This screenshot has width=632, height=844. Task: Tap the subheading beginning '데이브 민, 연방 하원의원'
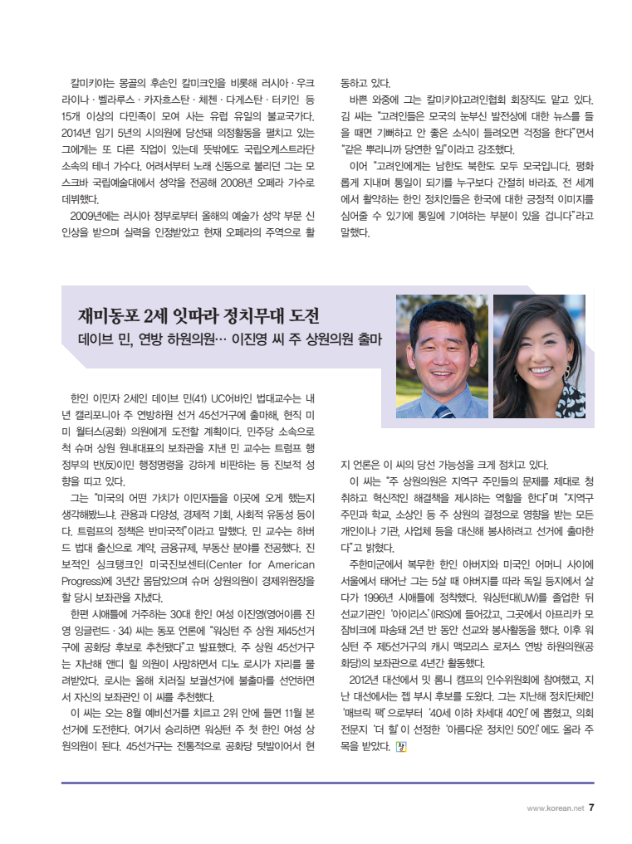(x=223, y=340)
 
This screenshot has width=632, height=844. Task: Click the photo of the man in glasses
(x=441, y=357)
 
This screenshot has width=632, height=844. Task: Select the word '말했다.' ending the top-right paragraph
(x=355, y=232)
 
